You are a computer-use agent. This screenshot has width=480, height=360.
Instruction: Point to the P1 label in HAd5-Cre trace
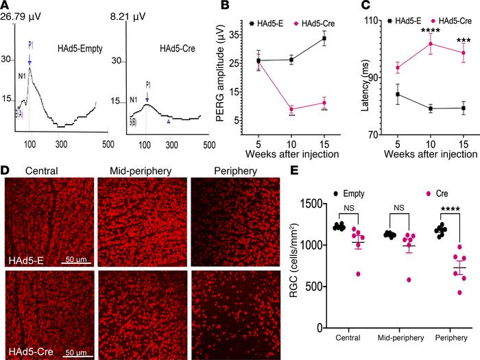pos(147,85)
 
